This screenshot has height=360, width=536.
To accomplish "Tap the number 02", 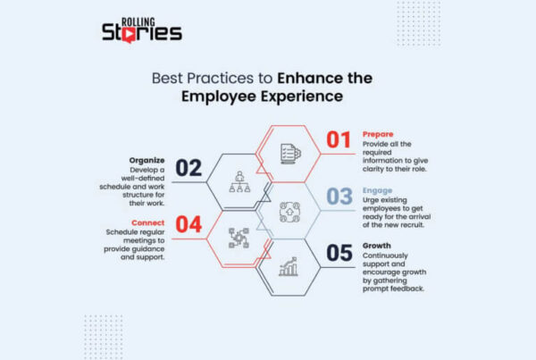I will (x=189, y=167).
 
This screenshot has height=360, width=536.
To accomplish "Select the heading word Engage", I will (x=378, y=189).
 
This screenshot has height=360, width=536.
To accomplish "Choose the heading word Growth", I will (x=377, y=245).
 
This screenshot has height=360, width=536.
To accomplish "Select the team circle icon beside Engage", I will (x=289, y=210).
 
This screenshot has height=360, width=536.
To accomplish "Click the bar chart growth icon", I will (x=289, y=266).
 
